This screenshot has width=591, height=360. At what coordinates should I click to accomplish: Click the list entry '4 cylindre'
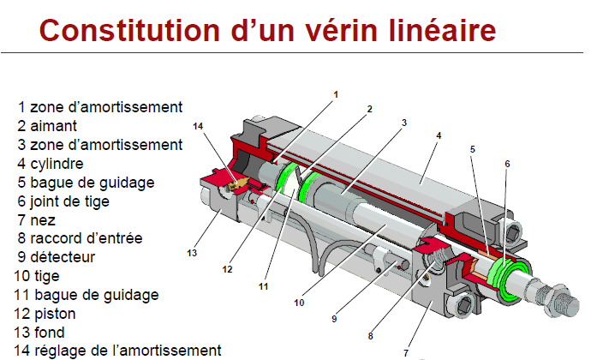[x=60, y=164]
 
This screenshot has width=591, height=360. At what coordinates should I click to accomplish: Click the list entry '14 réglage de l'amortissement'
[x=116, y=351]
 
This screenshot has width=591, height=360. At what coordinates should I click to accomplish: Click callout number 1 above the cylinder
[x=337, y=93]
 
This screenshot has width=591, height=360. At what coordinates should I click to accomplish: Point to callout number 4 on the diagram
[x=439, y=135]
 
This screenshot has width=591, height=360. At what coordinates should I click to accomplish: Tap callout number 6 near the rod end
[x=507, y=163]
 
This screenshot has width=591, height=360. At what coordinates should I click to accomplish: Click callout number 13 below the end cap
[x=192, y=254]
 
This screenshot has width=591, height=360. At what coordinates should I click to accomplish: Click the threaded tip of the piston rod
[x=561, y=303]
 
